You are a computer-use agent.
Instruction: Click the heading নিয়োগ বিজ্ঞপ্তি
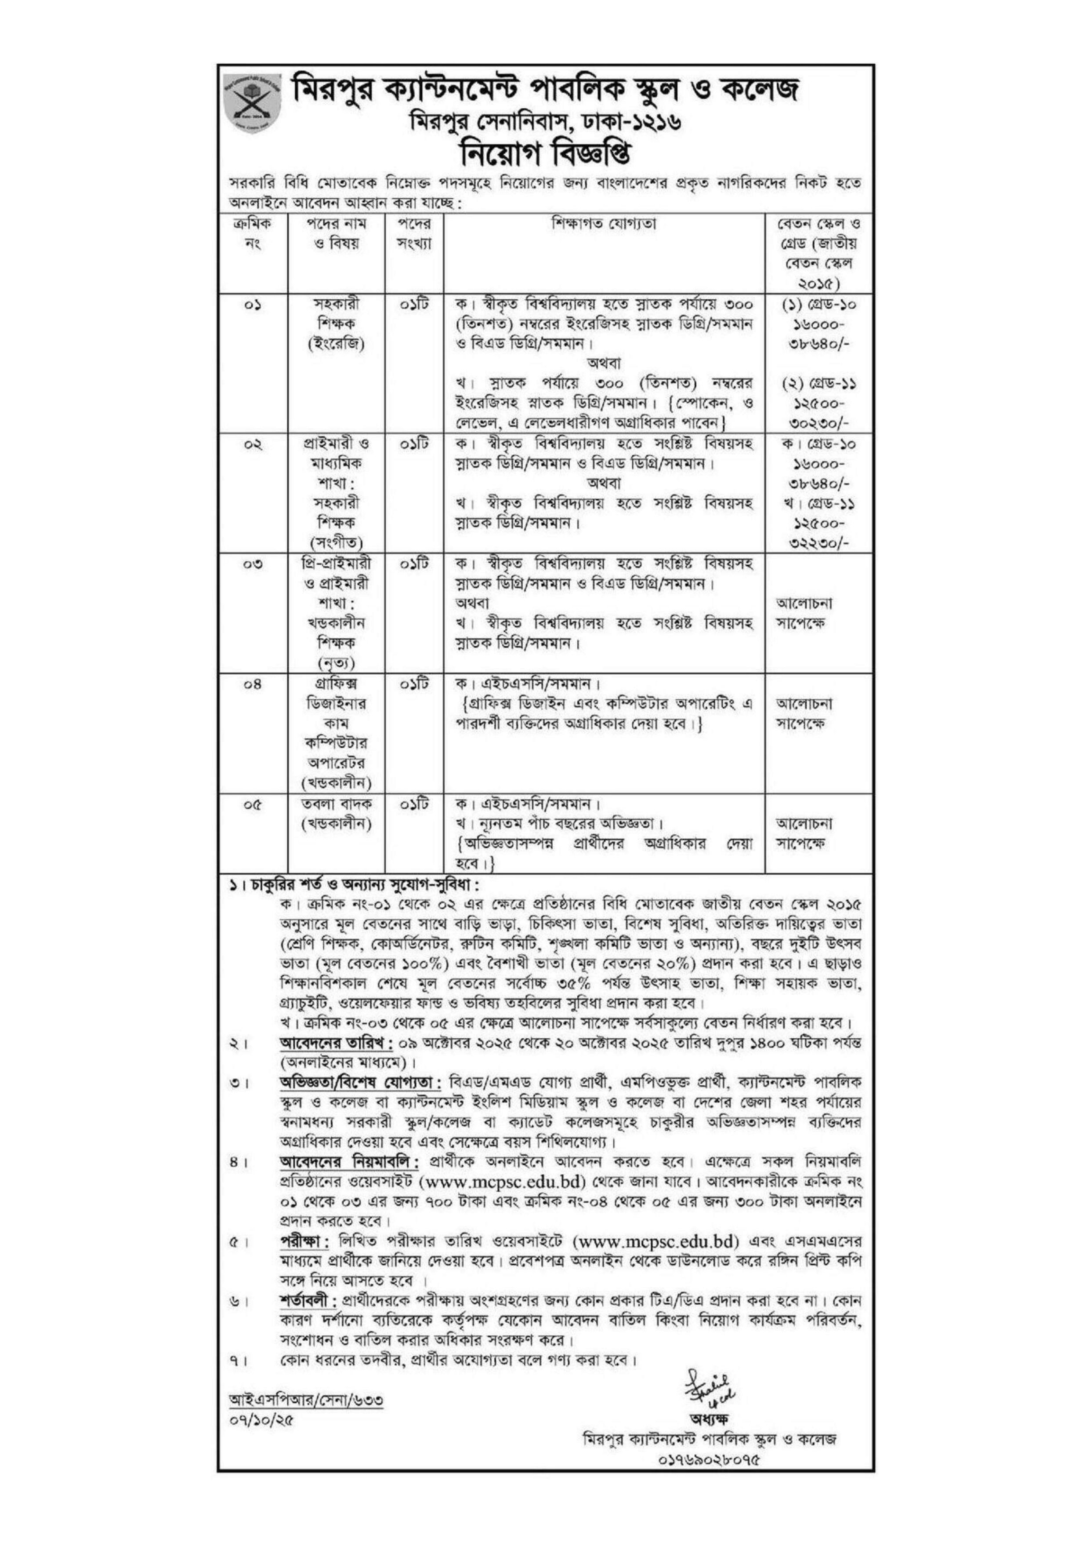(544, 161)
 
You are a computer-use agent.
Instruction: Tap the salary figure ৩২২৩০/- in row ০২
(815, 543)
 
